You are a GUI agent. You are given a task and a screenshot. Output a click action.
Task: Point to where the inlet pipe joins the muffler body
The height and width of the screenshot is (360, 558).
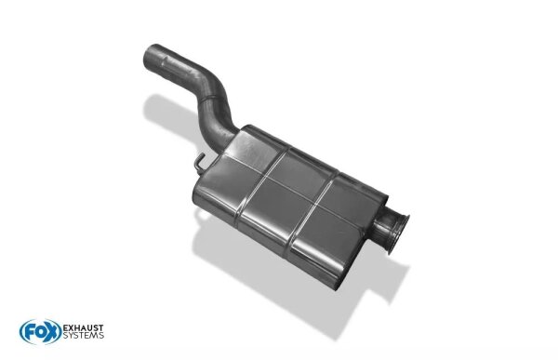coord(228,138)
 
